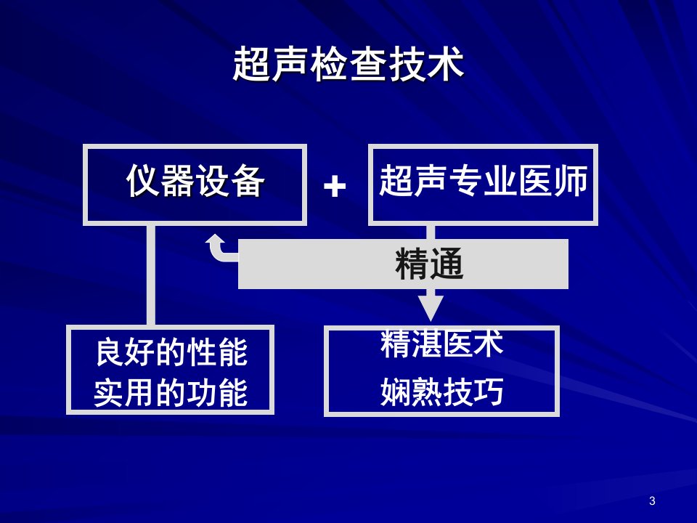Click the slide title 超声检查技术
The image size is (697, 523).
tap(348, 64)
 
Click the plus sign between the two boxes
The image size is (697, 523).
tap(335, 185)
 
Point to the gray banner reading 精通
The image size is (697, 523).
tap(403, 264)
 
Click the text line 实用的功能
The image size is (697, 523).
tap(171, 393)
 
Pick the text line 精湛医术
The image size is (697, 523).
tap(441, 344)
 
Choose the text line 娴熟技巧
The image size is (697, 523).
tap(441, 392)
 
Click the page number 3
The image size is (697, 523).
tap(652, 500)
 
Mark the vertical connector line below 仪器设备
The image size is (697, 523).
tap(151, 275)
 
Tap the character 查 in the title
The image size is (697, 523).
tap(367, 64)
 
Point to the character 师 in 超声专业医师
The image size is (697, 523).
tap(571, 180)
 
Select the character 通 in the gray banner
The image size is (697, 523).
tap(447, 264)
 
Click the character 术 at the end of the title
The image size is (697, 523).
tap(445, 64)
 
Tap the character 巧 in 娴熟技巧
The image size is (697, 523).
tap(488, 392)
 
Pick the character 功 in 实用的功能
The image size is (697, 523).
tap(201, 393)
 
